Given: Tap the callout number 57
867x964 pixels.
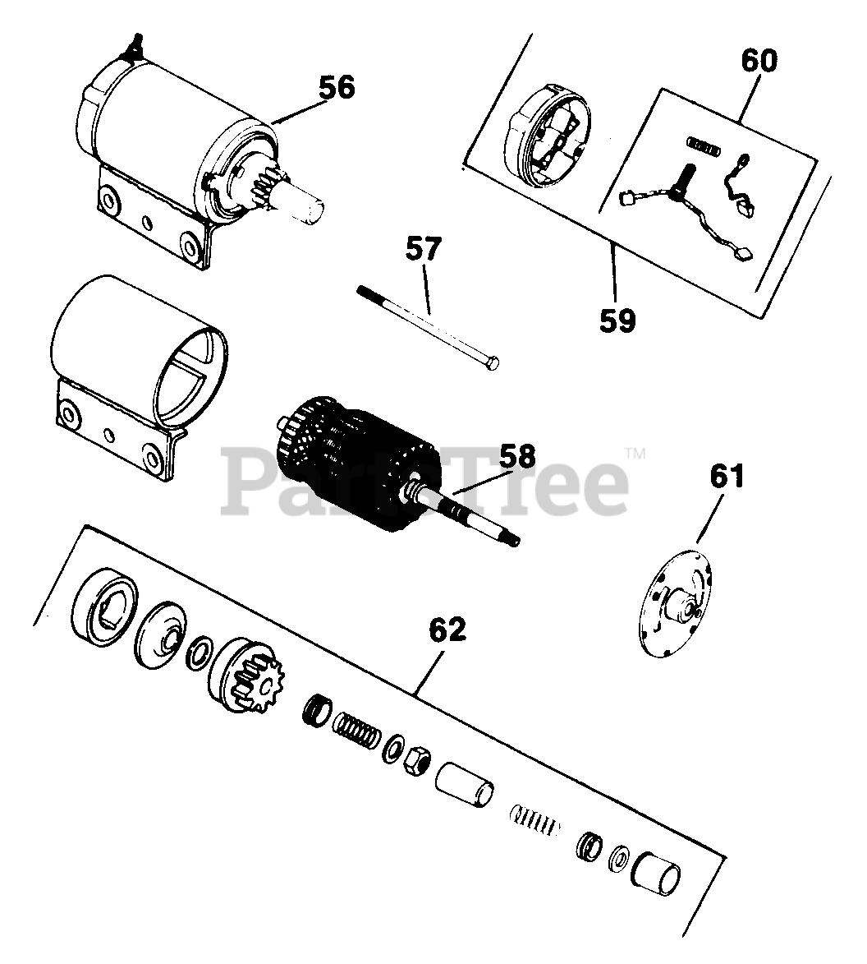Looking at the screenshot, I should pyautogui.click(x=423, y=249).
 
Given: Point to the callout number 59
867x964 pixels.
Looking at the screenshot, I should pyautogui.click(x=617, y=320).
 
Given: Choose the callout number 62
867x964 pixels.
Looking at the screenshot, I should pyautogui.click(x=445, y=631).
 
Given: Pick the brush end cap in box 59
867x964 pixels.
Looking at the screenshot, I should pyautogui.click(x=545, y=135).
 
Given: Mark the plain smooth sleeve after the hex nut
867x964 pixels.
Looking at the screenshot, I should pyautogui.click(x=464, y=784).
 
